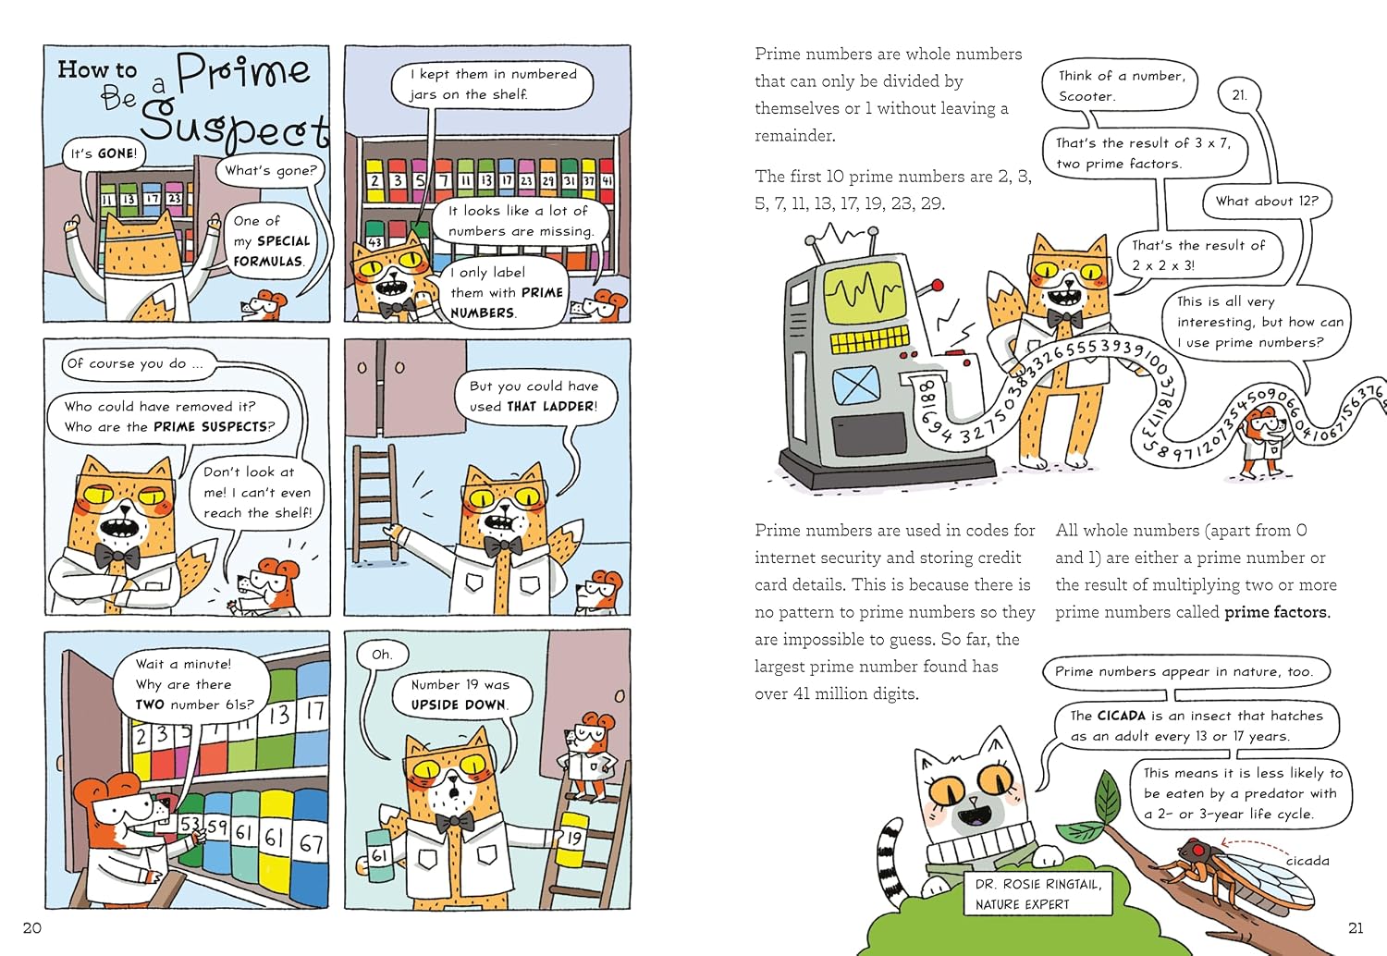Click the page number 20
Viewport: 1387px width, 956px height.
click(32, 927)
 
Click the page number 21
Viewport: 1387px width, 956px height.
click(1356, 927)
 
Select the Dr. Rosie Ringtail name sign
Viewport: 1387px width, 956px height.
click(1037, 893)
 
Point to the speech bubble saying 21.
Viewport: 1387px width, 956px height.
click(1240, 95)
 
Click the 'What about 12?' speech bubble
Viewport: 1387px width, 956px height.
click(1267, 201)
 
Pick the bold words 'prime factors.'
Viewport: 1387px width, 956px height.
click(1277, 612)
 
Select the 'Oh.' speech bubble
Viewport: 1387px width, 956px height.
click(382, 655)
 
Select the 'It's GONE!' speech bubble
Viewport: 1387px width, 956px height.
click(104, 153)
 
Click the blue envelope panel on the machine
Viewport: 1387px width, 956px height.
click(855, 384)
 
